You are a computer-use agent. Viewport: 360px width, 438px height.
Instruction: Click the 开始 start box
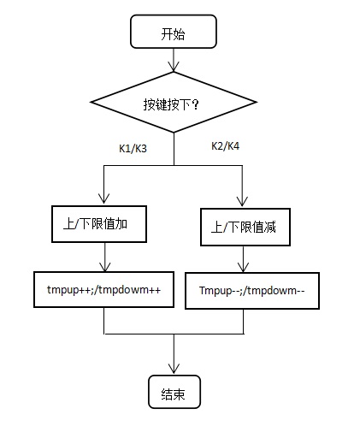pyautogui.click(x=174, y=32)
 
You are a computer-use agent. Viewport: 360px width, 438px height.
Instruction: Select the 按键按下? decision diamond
pyautogui.click(x=174, y=102)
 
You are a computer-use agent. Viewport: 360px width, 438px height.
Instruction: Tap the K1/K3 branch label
pyautogui.click(x=133, y=149)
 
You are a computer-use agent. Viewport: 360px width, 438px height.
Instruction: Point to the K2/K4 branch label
pyautogui.click(x=225, y=146)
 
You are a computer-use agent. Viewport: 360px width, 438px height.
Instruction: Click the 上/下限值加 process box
pyautogui.click(x=99, y=224)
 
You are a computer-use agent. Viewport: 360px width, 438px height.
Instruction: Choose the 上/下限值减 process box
pyautogui.click(x=245, y=227)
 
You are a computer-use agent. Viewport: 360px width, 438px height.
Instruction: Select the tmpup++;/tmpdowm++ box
pyautogui.click(x=103, y=289)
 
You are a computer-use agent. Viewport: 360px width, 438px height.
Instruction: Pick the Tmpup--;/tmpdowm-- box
pyautogui.click(x=252, y=291)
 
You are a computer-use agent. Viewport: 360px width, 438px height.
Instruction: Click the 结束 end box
pyautogui.click(x=174, y=392)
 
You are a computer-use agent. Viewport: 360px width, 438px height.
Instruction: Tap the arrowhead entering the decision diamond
pyautogui.click(x=174, y=67)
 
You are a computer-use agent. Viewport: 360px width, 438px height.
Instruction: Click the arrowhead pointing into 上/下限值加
pyautogui.click(x=103, y=199)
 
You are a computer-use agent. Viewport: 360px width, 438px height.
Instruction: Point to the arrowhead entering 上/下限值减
pyautogui.click(x=242, y=201)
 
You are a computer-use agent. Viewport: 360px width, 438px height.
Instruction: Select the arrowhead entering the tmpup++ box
pyautogui.click(x=105, y=267)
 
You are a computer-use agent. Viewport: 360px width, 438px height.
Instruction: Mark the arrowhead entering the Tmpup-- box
pyautogui.click(x=243, y=268)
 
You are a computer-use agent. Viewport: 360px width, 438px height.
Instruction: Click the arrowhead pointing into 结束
pyautogui.click(x=174, y=369)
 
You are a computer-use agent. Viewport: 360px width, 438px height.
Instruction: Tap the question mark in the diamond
pyautogui.click(x=195, y=104)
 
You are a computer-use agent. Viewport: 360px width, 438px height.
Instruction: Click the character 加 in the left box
pyautogui.click(x=121, y=224)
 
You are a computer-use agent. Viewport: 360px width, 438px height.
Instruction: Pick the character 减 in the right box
pyautogui.click(x=269, y=228)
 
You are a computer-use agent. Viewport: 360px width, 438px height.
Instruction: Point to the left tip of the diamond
pyautogui.click(x=91, y=102)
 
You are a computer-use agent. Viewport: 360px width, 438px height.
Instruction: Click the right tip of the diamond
pyautogui.click(x=257, y=102)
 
